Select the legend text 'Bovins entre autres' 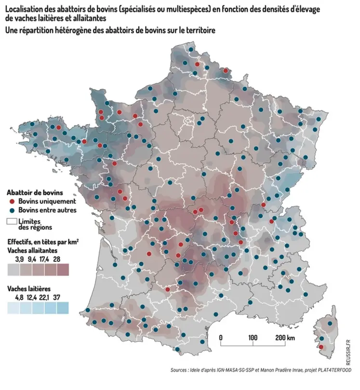coord(47,210)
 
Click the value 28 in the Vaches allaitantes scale coord(57,259)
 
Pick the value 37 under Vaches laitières coord(57,297)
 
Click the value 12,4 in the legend coord(32,297)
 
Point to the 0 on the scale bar coord(220,338)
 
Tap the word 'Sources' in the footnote coord(180,370)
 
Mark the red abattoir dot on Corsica coord(321,347)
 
